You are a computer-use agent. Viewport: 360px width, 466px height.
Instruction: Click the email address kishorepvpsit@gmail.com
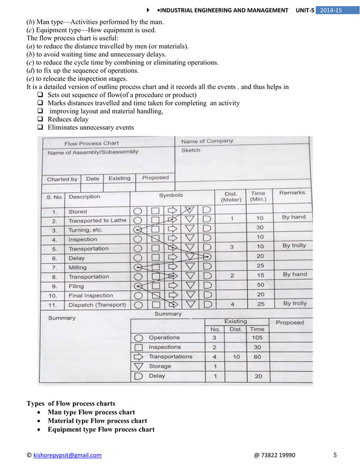tap(67, 455)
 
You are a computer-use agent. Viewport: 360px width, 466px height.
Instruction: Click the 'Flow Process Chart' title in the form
tap(91, 143)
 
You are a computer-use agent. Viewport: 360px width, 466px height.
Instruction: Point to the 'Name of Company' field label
tap(207, 140)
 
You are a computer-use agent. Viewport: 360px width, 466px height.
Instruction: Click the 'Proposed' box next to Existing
tap(155, 177)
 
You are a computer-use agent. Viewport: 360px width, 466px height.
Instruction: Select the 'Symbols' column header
tap(170, 195)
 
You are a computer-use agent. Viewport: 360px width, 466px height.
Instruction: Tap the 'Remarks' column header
tap(292, 192)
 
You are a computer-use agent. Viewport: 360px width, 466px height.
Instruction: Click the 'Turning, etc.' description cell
tap(85, 230)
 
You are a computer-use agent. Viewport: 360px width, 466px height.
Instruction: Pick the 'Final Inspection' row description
tap(90, 295)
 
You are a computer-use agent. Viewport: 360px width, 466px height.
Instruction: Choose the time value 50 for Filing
tap(260, 285)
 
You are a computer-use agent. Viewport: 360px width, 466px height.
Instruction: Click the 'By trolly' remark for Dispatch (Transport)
tap(295, 303)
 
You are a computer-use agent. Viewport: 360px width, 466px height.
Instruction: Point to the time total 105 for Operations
tap(257, 337)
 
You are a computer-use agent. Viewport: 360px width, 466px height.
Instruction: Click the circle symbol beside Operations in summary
tap(138, 338)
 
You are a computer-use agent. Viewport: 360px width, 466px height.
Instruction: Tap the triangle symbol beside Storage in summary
tap(138, 367)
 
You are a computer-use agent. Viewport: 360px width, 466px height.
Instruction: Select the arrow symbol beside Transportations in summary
tap(138, 357)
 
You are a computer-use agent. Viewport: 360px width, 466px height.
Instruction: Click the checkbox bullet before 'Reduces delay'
tap(40, 120)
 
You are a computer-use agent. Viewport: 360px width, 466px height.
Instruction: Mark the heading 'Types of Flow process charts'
tap(71, 403)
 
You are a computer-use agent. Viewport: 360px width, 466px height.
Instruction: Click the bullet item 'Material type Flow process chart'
tap(97, 421)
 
